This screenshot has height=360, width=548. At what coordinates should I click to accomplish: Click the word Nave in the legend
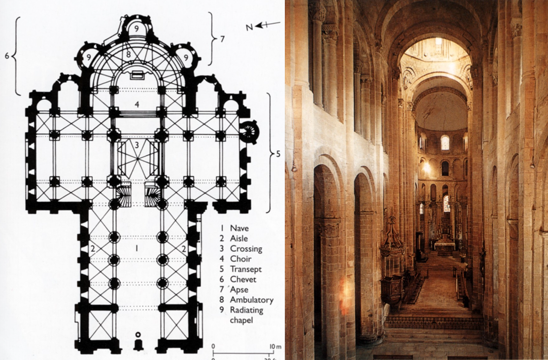tap(239, 228)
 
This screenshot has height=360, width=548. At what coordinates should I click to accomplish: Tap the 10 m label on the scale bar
tap(275, 347)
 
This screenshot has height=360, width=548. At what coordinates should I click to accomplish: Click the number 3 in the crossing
tap(137, 145)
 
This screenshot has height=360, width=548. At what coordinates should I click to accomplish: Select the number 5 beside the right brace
tap(278, 153)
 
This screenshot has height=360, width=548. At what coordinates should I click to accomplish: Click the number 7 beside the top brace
tap(222, 38)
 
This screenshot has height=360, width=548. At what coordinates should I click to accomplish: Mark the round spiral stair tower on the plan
tap(248, 131)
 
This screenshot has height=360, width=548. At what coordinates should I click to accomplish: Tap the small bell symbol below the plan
tap(138, 341)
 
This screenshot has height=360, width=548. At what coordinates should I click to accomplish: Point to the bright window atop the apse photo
tap(445, 143)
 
